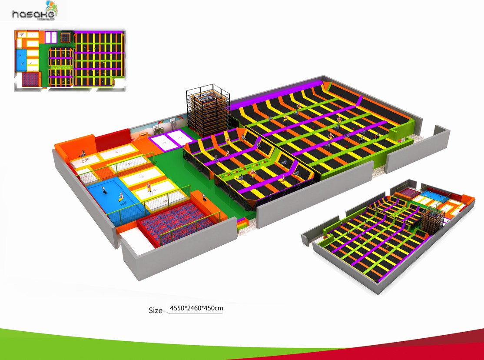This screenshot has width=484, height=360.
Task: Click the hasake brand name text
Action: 33,15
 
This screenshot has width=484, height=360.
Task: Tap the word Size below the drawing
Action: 155,310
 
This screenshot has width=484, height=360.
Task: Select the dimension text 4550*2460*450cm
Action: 196,308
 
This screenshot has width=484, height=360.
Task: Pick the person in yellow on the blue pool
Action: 120,198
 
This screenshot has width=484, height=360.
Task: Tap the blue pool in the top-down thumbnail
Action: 21,59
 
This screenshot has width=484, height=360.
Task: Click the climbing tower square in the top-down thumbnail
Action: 65,37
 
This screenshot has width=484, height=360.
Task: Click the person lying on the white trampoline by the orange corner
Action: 82,153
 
